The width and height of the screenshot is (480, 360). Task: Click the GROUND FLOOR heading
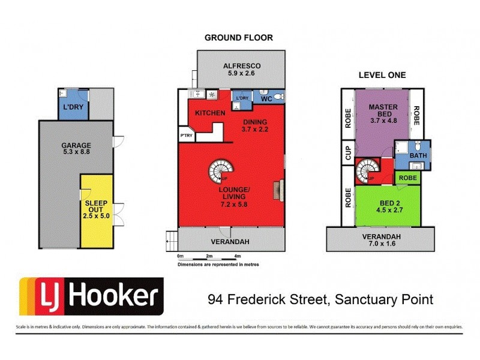tap(239, 38)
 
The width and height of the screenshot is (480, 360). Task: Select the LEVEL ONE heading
tap(382, 75)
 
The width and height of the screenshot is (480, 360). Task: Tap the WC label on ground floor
tap(266, 98)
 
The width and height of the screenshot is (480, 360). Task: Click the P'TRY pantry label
tap(185, 136)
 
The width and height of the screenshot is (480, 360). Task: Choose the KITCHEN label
tap(210, 113)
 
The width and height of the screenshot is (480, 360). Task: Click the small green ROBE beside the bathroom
tap(407, 178)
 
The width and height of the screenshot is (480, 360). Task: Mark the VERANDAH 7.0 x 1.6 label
tap(381, 240)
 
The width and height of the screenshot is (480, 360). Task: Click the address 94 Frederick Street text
tap(320, 298)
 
